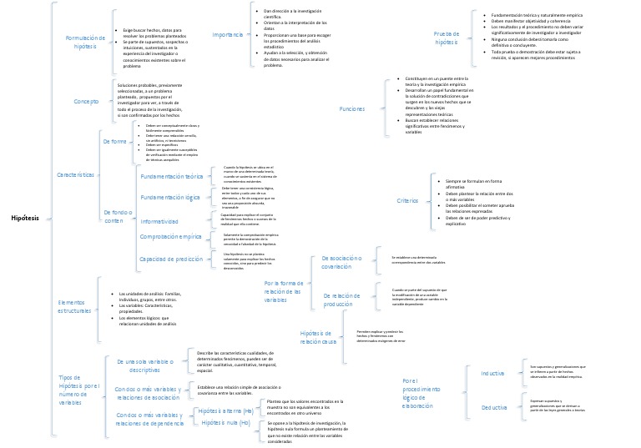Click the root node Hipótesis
point(26,218)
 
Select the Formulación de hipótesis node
point(85,43)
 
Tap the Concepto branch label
point(87,101)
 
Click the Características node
point(75,175)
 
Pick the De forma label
point(114,141)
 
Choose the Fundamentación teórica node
point(171,177)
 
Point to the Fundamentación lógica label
point(170,197)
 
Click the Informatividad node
point(159,221)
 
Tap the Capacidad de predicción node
point(171,259)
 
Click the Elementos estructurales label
point(78,306)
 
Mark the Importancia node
point(228,35)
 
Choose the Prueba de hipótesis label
point(447,38)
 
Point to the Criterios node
point(407,200)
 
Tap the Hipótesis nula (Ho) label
point(225,423)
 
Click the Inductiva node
point(493,373)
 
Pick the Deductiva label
point(493,407)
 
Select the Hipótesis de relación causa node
point(318,338)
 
